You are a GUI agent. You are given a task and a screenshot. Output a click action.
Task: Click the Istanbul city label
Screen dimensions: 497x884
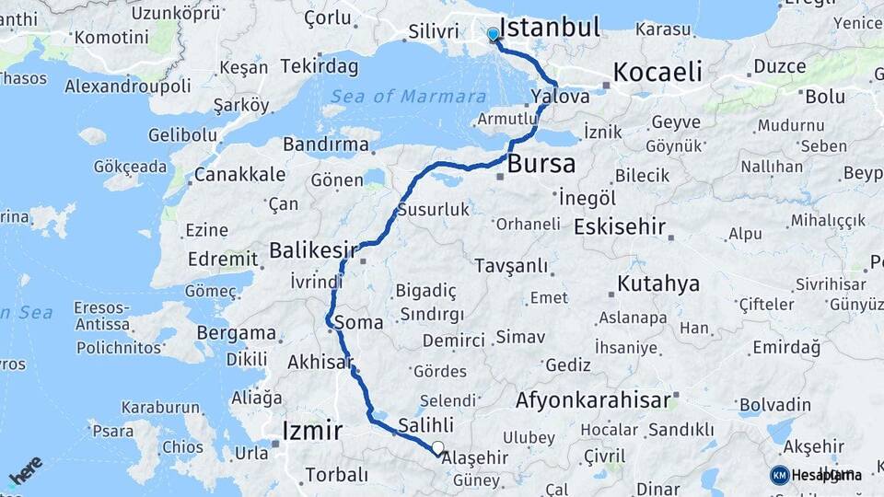549,26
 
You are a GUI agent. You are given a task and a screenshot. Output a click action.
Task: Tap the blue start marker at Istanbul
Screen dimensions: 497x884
493,35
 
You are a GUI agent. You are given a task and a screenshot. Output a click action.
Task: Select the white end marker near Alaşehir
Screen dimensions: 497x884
438,449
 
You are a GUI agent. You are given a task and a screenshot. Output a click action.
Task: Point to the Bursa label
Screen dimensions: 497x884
541,165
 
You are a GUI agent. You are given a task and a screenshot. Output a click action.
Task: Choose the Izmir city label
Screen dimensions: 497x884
313,430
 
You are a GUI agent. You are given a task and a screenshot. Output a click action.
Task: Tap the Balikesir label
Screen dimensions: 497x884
313,249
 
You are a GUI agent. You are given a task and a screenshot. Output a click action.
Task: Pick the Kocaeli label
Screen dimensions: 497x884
657,72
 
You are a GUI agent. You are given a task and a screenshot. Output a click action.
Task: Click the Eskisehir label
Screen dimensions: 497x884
619,226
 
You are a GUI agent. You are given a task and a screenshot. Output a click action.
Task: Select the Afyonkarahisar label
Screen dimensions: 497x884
592,400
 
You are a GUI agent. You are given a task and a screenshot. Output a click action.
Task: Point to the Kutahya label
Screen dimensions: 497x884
658,283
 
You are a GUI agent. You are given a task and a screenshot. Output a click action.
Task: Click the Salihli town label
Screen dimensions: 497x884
426,425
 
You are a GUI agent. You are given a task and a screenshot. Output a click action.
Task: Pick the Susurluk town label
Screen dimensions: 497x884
433,210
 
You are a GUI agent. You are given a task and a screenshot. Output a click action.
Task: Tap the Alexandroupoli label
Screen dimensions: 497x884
128,86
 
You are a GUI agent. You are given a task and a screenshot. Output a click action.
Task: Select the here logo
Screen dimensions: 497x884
25,469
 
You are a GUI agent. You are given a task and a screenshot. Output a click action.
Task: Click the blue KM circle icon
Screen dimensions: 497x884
779,475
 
